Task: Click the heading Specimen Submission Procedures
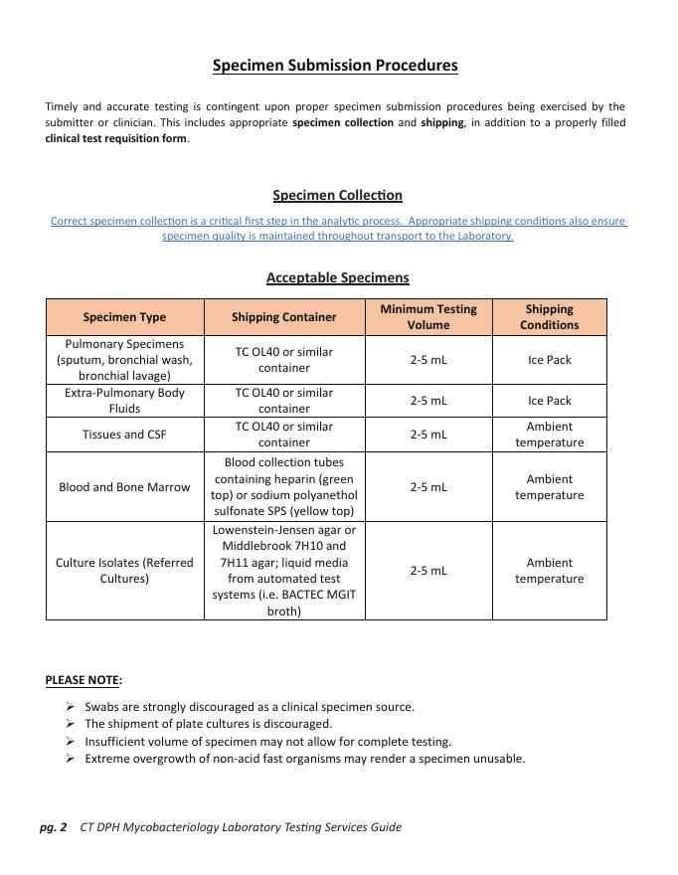tap(335, 66)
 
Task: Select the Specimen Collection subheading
tap(337, 195)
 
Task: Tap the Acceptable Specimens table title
tap(337, 277)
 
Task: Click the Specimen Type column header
tap(124, 317)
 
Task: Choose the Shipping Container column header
tap(283, 317)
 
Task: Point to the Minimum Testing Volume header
tap(427, 317)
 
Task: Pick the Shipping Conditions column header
tap(549, 317)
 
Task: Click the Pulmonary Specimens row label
tap(124, 360)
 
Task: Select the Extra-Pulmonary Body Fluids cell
tap(124, 401)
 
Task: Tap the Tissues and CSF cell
tap(124, 435)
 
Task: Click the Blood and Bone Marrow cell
tap(124, 487)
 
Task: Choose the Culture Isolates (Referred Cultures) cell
tap(124, 571)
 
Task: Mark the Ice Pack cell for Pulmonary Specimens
tap(549, 360)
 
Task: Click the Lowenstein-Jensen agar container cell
tap(283, 571)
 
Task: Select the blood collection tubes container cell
tap(283, 487)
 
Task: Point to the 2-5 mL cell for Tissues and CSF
tap(427, 435)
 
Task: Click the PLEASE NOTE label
tap(83, 680)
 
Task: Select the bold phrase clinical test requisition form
tap(115, 139)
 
